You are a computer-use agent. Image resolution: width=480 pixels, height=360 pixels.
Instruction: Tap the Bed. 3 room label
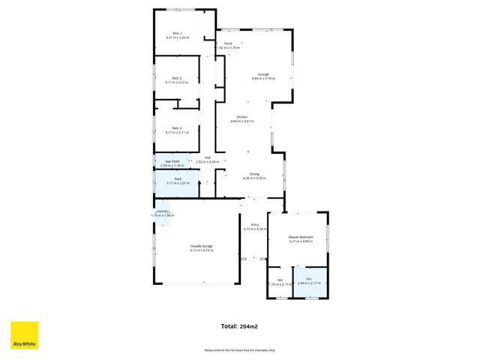click(x=177, y=78)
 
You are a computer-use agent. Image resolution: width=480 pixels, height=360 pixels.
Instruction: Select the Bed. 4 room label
click(x=177, y=127)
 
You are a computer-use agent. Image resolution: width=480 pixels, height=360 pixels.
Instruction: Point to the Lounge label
click(x=263, y=73)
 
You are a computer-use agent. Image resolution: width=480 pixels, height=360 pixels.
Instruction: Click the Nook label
click(x=228, y=43)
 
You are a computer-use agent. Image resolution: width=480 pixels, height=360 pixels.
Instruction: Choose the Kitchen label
click(x=242, y=117)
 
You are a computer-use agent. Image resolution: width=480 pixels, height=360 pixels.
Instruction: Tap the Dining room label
click(x=244, y=174)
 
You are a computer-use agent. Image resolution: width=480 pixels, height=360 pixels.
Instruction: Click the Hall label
click(x=208, y=157)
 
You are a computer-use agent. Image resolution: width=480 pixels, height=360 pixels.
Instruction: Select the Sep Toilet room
click(x=172, y=163)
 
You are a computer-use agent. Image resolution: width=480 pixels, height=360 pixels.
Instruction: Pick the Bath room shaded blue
click(x=177, y=182)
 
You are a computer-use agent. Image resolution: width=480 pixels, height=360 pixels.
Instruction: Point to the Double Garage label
click(x=201, y=246)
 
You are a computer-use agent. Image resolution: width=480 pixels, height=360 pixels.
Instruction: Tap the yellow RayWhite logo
click(x=24, y=335)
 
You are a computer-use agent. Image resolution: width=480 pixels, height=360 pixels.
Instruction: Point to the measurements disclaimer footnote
click(x=240, y=350)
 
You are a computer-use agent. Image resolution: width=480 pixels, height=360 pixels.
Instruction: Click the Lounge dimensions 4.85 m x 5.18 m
click(x=263, y=78)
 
